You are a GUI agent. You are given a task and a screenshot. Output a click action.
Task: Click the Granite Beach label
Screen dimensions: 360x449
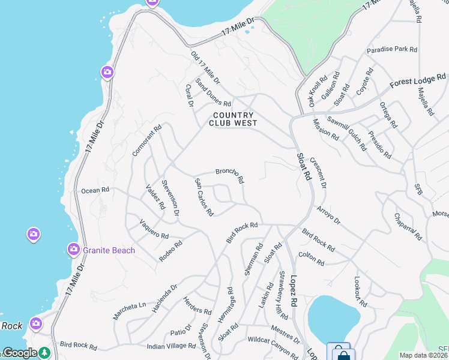tap(109, 250)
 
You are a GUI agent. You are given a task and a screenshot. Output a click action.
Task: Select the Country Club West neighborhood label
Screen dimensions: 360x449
tap(233, 119)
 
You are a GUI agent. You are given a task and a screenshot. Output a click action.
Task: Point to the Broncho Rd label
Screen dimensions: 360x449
tap(229, 175)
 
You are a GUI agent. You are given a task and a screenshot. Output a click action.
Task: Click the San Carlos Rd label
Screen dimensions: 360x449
tap(203, 197)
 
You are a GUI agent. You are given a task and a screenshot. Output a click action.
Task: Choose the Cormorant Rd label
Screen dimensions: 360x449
tap(147, 140)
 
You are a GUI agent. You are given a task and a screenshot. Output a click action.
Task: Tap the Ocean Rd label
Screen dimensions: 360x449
tap(95, 190)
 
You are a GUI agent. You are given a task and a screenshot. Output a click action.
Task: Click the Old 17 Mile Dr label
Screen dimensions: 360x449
tap(205, 67)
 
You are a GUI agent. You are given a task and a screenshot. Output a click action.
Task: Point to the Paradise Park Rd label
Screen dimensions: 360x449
tap(392, 50)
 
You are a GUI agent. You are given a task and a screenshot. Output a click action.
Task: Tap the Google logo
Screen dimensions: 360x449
tap(20, 353)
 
